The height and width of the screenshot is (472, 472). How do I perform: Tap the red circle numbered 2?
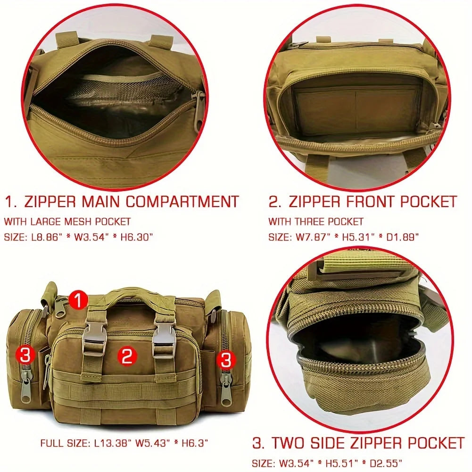click(x=127, y=356)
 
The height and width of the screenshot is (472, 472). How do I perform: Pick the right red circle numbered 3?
click(x=226, y=360)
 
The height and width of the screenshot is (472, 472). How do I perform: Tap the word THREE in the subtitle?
click(x=319, y=221)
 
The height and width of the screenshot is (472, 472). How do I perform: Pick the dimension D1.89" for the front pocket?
click(x=400, y=237)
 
